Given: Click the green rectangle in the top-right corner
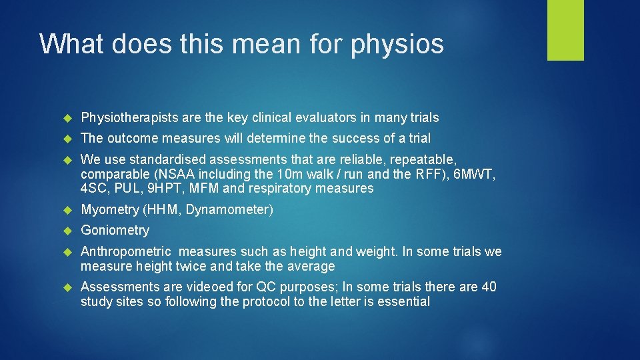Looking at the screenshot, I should tap(565, 30).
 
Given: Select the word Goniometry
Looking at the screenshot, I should tap(115, 231).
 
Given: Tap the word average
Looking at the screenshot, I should tap(312, 267).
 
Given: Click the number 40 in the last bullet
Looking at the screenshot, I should tap(489, 287).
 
